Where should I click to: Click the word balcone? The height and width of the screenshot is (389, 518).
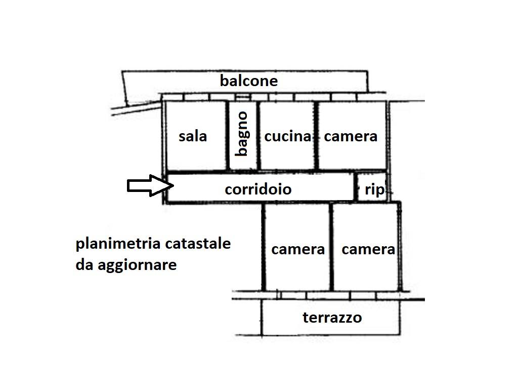248,81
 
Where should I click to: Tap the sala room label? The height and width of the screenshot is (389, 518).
193,136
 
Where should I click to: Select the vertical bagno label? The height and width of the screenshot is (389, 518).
242,134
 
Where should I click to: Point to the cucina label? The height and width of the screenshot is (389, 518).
287,136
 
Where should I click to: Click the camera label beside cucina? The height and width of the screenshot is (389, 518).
351,136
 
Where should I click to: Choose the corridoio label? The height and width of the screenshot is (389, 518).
258,189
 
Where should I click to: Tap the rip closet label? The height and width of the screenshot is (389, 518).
374,190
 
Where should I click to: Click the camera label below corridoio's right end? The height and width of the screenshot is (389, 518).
298,249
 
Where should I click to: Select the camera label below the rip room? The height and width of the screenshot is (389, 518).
368,249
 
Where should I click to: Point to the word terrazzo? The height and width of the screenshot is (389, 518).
332,318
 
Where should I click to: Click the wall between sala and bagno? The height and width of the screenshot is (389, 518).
228,136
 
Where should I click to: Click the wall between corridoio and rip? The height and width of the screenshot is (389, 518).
355,187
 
